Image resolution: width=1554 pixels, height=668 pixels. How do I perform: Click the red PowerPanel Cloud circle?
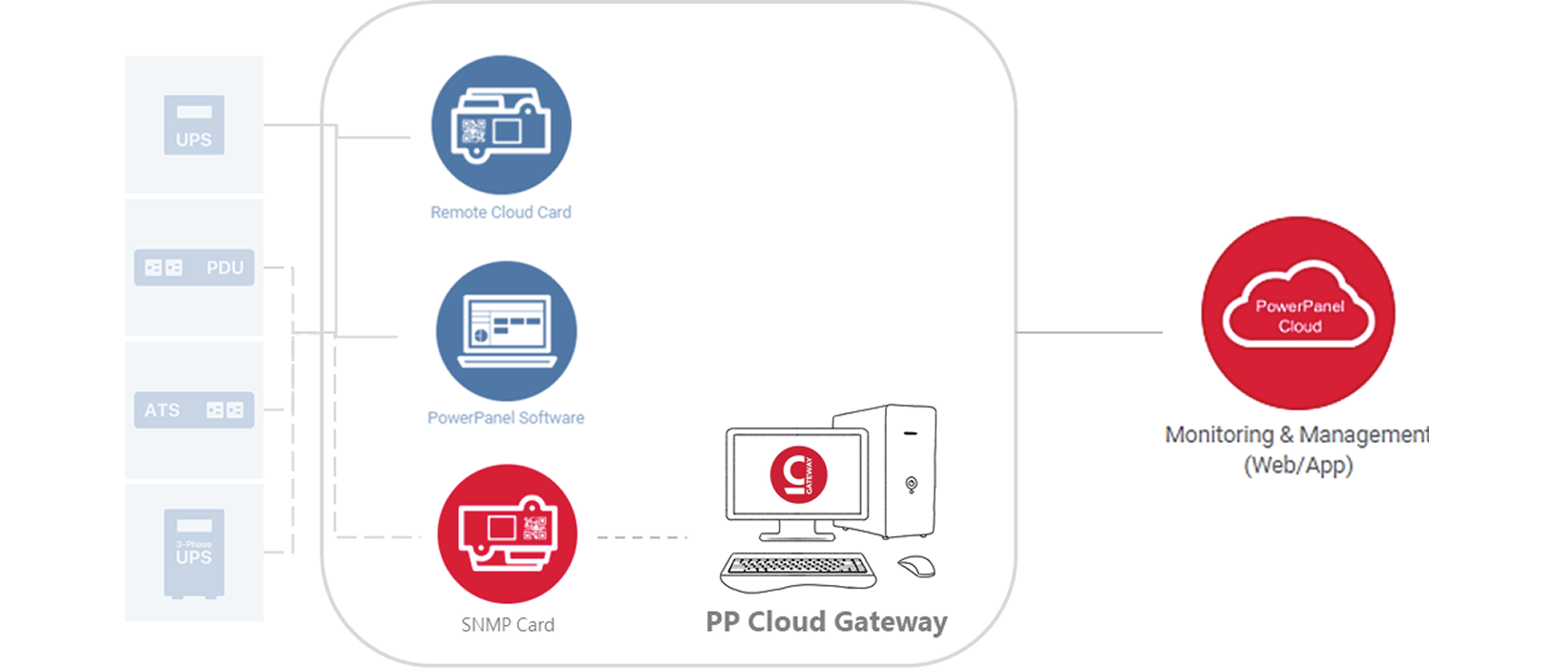pyautogui.click(x=1298, y=313)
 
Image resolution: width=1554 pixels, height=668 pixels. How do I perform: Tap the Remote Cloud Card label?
pyautogui.click(x=500, y=212)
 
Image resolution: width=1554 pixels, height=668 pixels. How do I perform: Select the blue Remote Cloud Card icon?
pyautogui.click(x=501, y=125)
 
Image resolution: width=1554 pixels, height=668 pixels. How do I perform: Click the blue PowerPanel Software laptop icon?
pyautogui.click(x=506, y=330)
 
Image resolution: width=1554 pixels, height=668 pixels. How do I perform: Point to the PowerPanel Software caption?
pyautogui.click(x=505, y=417)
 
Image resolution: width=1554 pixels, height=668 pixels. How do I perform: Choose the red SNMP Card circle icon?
pyautogui.click(x=507, y=533)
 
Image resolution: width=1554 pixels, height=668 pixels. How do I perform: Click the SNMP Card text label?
pyautogui.click(x=507, y=625)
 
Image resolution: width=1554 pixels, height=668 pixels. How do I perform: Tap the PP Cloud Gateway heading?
pyautogui.click(x=826, y=622)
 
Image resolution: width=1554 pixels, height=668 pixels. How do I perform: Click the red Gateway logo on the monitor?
pyautogui.click(x=798, y=473)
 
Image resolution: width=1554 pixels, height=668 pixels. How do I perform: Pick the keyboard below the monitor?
pyautogui.click(x=798, y=570)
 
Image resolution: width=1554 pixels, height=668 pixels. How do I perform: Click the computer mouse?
pyautogui.click(x=916, y=566)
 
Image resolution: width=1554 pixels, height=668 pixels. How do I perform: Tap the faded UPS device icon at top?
pyautogui.click(x=194, y=125)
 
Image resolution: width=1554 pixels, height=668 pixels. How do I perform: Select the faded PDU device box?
pyautogui.click(x=194, y=267)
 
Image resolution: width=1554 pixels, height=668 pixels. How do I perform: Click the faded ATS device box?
pyautogui.click(x=194, y=409)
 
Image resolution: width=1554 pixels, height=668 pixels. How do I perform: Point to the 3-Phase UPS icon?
pyautogui.click(x=194, y=553)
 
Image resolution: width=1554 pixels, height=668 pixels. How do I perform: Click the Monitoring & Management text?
pyautogui.click(x=1295, y=435)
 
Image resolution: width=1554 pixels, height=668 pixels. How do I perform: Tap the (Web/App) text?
pyautogui.click(x=1298, y=466)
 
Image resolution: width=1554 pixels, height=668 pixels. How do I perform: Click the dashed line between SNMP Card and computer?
pyautogui.click(x=641, y=537)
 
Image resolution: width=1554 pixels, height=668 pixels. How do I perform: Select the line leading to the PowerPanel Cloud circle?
pyautogui.click(x=1088, y=333)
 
